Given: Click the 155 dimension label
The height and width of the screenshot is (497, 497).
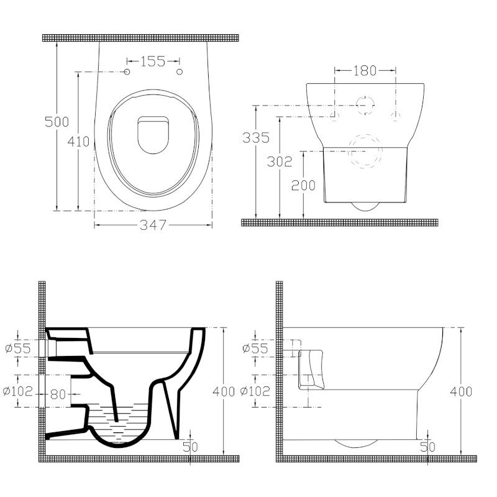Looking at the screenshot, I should [x=153, y=61].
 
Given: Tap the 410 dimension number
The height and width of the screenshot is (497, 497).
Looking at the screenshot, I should [x=79, y=142].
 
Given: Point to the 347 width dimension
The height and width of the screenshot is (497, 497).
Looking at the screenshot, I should [x=153, y=225].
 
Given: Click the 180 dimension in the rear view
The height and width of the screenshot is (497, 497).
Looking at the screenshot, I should [x=365, y=71].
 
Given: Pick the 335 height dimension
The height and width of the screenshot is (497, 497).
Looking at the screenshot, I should [x=255, y=138].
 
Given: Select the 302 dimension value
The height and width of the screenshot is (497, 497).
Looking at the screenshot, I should [x=280, y=162].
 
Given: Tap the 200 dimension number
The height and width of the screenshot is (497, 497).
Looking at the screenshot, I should [x=304, y=185].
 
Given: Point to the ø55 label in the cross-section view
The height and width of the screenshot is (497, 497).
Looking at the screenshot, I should [x=17, y=349].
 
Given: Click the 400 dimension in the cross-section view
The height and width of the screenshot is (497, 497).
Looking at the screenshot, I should [x=224, y=391].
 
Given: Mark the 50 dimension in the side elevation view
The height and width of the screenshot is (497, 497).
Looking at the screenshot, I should [x=427, y=446].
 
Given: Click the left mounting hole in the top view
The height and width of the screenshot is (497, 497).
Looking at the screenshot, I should [x=128, y=73].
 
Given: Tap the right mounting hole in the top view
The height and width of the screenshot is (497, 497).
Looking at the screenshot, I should [x=180, y=73].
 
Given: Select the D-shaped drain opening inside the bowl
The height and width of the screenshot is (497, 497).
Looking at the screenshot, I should [x=153, y=135].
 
